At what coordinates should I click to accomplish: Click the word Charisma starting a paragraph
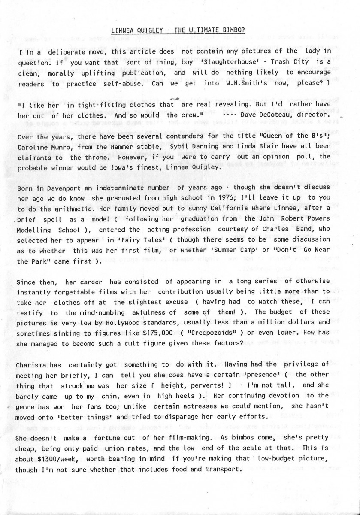[32, 364]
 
